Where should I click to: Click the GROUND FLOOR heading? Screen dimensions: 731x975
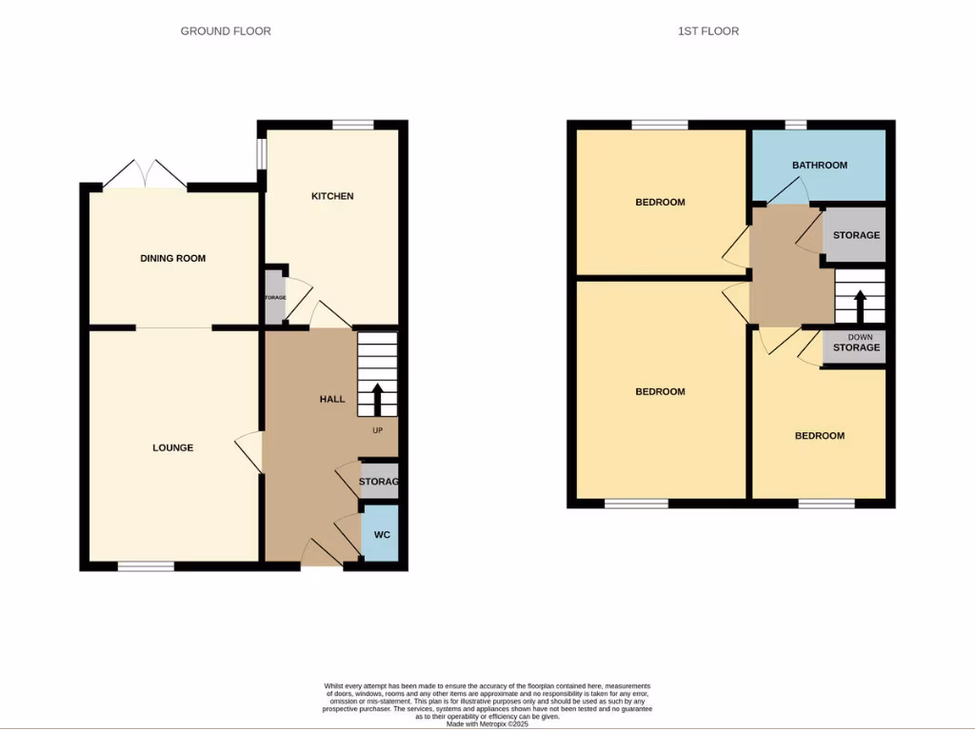(226, 31)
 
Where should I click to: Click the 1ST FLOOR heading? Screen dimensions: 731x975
(707, 31)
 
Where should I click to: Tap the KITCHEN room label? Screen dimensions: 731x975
(332, 196)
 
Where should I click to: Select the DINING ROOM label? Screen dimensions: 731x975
(172, 258)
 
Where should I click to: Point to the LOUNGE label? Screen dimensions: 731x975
(172, 447)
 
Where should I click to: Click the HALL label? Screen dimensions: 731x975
(331, 399)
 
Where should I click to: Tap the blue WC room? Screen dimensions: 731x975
(381, 536)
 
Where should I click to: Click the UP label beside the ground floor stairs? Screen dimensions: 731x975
(378, 431)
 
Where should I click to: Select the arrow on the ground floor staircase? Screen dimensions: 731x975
(377, 399)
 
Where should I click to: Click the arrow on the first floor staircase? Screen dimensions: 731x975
(860, 307)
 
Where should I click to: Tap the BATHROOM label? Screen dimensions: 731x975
(819, 165)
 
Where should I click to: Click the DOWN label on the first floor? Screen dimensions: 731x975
(859, 337)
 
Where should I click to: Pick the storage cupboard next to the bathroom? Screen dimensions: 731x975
(855, 235)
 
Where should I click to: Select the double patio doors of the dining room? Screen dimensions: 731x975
(145, 174)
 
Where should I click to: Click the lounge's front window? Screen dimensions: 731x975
(146, 566)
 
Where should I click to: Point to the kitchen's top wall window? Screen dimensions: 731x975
(352, 125)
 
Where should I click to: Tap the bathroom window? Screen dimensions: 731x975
(796, 125)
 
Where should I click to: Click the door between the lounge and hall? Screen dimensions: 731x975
(249, 452)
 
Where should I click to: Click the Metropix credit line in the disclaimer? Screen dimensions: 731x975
(487, 723)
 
